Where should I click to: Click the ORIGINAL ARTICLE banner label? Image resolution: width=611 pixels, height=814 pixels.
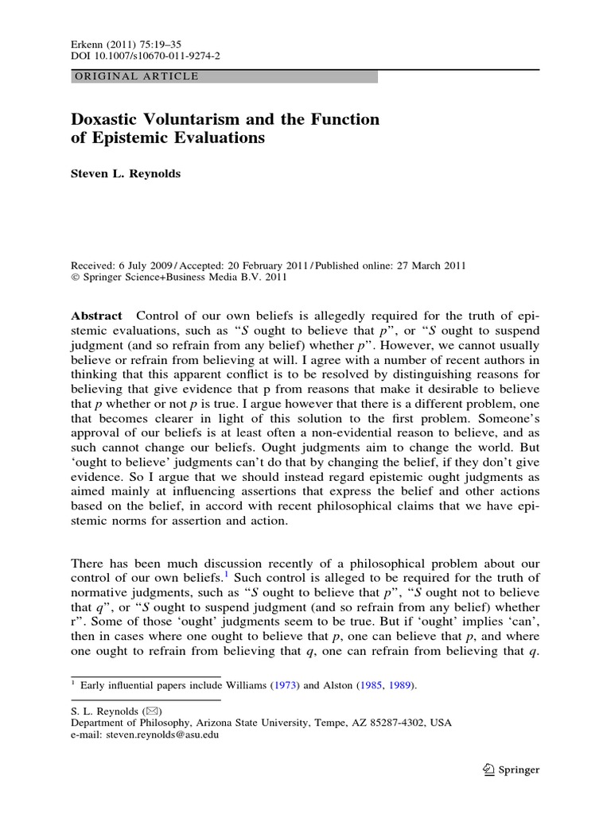136,77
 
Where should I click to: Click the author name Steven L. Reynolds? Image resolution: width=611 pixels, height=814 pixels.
126,174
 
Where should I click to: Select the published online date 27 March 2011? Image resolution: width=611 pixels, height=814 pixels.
429,266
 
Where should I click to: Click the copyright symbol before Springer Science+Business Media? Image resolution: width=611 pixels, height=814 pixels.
76,277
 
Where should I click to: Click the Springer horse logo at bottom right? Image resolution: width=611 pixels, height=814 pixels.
489,769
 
